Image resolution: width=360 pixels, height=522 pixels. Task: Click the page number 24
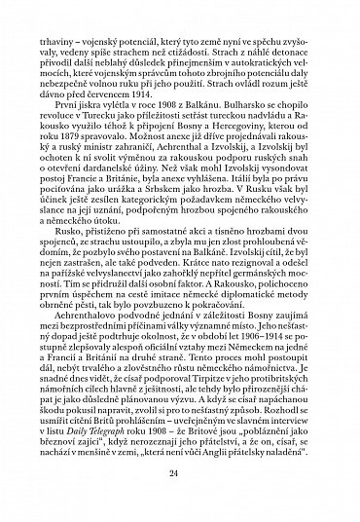(x=180, y=474)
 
